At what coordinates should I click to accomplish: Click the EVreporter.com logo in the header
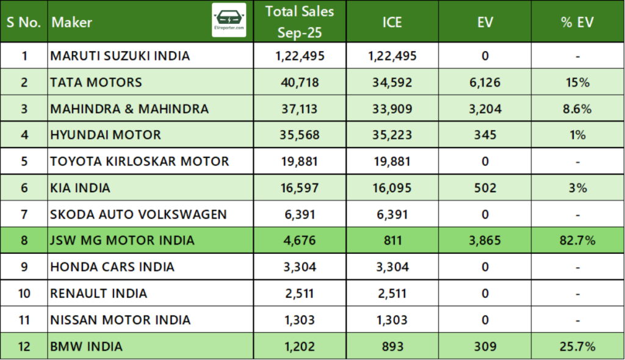[229, 20]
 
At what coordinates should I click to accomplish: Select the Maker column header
[72, 23]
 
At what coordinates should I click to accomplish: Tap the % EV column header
[577, 23]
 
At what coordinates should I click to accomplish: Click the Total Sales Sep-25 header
[299, 21]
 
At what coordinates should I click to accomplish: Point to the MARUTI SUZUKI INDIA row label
[120, 56]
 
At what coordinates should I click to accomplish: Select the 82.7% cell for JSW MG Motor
[577, 240]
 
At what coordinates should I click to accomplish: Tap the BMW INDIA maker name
[87, 347]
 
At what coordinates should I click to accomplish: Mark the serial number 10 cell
[24, 293]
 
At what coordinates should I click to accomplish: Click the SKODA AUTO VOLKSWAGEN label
[139, 214]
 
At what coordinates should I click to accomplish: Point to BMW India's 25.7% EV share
[577, 347]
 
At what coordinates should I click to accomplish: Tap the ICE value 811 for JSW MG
[392, 240]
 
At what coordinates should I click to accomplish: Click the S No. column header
[24, 23]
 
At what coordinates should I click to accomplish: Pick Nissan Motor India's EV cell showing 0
[485, 320]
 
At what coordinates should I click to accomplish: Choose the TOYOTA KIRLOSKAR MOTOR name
[140, 162]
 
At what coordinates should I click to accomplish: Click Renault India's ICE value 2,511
[392, 293]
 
